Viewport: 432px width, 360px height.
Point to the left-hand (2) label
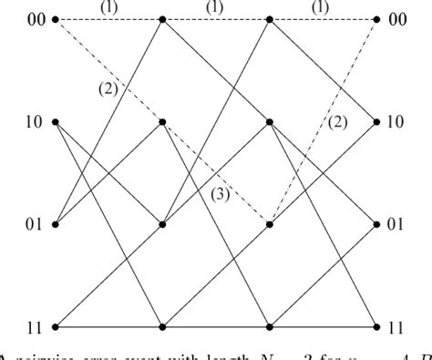[109, 88]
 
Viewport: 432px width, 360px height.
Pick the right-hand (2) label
[338, 121]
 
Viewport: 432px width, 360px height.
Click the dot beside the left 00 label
[56, 19]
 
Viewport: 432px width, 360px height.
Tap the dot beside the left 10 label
[56, 122]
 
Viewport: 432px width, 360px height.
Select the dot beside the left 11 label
[56, 326]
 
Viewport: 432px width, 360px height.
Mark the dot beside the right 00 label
[377, 19]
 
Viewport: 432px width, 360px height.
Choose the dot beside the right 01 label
[377, 224]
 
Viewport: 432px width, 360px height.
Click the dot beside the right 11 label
[377, 326]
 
